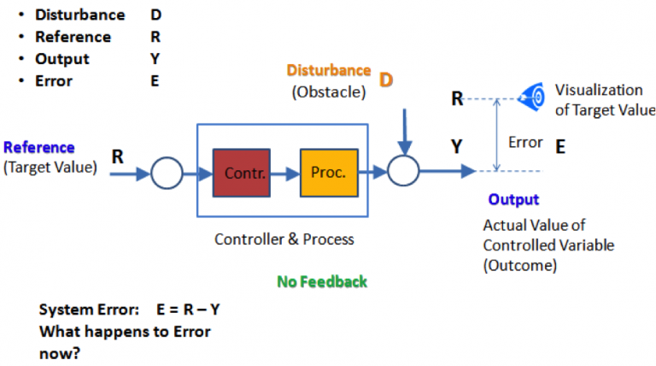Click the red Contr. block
click(x=242, y=172)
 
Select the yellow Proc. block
click(x=329, y=172)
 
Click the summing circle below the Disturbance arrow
click(x=402, y=171)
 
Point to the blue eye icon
click(x=534, y=97)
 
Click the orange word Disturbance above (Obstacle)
click(x=329, y=70)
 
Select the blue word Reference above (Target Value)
click(x=39, y=147)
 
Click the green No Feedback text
click(x=322, y=281)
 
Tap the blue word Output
click(x=513, y=199)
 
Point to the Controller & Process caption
click(x=284, y=239)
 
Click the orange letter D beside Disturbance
click(x=386, y=80)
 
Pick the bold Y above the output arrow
click(x=457, y=147)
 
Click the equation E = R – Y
click(x=194, y=310)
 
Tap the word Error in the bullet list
click(x=54, y=81)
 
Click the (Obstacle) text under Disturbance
click(x=328, y=91)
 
